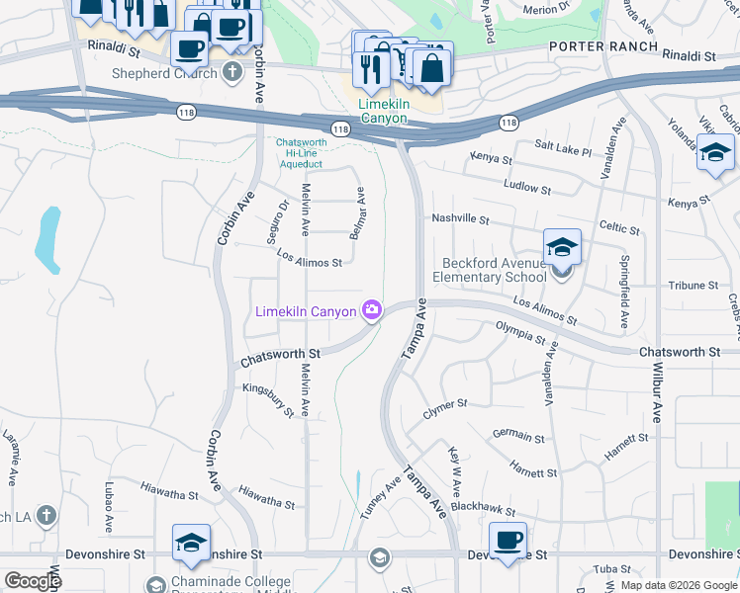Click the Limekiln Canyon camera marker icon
coord(372,311)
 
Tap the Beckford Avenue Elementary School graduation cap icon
coord(562,248)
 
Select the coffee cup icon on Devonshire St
coord(508,542)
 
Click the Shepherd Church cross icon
coord(231,71)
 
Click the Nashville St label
coord(461,218)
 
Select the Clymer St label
coord(445,406)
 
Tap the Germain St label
coord(518,436)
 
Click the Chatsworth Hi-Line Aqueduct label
coord(301,153)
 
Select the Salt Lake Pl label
coord(562,148)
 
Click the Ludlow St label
coord(526,186)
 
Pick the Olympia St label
coord(520,332)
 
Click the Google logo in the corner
coord(33,580)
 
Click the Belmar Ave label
coord(361,210)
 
